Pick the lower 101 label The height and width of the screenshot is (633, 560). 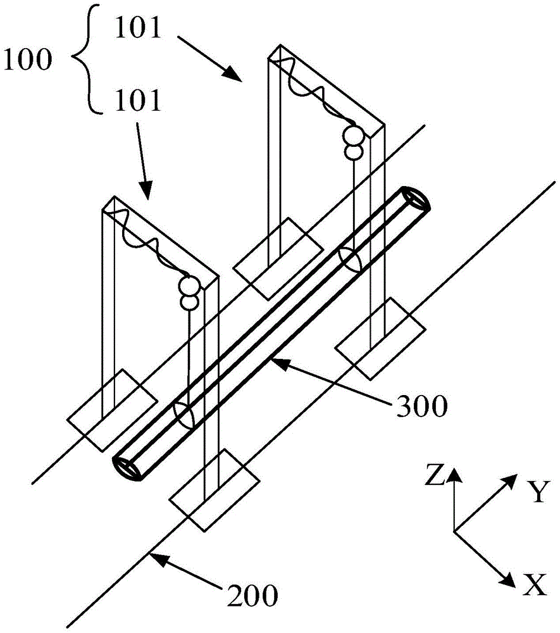[137, 99]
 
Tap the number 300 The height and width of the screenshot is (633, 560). [421, 404]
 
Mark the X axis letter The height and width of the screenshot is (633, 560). [535, 587]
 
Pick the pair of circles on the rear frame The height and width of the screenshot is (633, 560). [353, 143]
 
